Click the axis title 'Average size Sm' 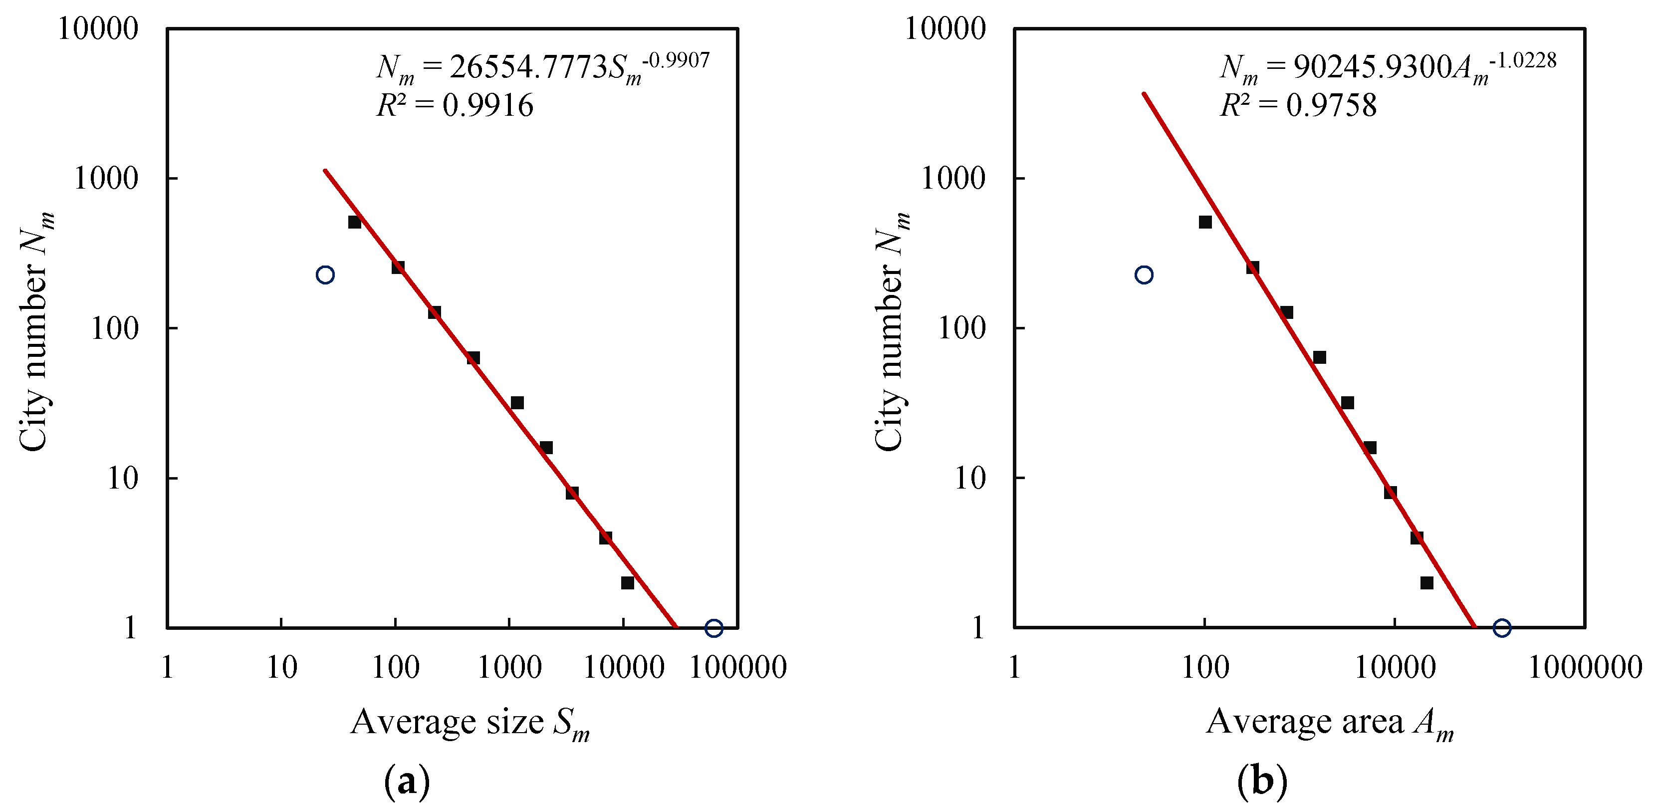[x=470, y=723]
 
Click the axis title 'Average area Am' [x=1330, y=723]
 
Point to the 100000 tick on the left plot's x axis [x=737, y=667]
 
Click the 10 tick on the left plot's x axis [x=281, y=667]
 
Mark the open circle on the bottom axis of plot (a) [x=713, y=628]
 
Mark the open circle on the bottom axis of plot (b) [x=1501, y=628]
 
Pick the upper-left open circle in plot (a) [x=325, y=274]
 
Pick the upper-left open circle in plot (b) [x=1144, y=274]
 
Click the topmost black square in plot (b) [x=1205, y=222]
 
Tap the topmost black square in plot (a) [x=354, y=222]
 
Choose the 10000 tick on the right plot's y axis [x=945, y=29]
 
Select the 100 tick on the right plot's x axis [x=1204, y=667]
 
